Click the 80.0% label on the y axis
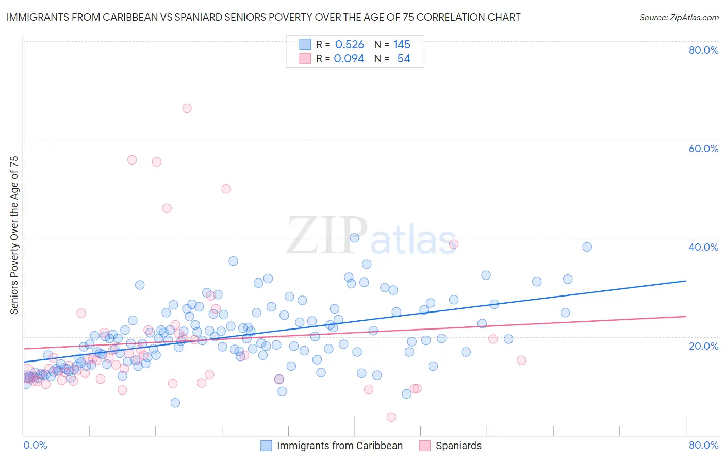pos(703,50)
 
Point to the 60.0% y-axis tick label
pos(703,149)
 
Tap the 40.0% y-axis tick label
pos(703,247)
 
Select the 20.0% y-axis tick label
pos(703,346)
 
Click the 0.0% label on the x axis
pos(36,445)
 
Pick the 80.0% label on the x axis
pos(703,445)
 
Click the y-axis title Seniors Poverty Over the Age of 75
pos(14,235)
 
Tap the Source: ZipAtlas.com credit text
pos(679,17)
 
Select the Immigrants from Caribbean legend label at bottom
pos(340,446)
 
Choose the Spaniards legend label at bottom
pos(458,446)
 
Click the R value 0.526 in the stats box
pos(350,45)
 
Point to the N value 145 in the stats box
pos(402,45)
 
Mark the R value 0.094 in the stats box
pos(349,59)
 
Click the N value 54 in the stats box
pos(404,59)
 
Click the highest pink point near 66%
pos(187,108)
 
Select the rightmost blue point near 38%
pos(587,247)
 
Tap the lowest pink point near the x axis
pos(391,417)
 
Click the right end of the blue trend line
pos(686,281)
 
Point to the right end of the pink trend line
pos(686,316)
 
